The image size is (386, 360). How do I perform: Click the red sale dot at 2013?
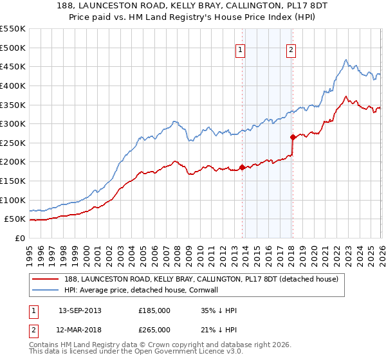pos(242,167)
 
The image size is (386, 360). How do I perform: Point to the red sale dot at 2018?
pos(293,137)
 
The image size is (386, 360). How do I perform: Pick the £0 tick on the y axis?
pos(19,238)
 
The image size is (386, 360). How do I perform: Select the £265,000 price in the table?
pos(154,329)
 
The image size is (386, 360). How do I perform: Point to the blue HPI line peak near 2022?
pos(345,60)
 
